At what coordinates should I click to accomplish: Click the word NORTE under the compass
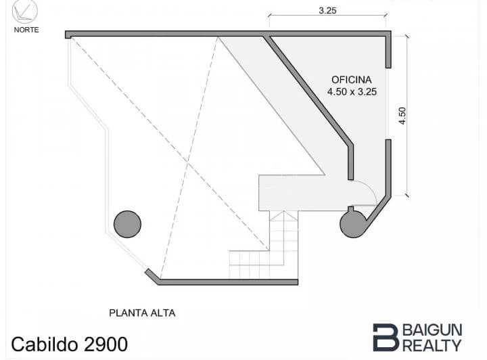(x=26, y=30)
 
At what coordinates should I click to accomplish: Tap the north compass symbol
(x=25, y=12)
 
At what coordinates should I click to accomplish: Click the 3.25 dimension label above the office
(x=327, y=11)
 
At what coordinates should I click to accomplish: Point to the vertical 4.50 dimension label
(x=402, y=116)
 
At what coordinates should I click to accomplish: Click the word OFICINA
(x=352, y=80)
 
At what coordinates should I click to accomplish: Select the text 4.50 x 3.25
(x=352, y=91)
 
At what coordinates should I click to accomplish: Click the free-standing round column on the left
(x=127, y=224)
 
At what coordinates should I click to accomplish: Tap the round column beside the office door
(x=353, y=224)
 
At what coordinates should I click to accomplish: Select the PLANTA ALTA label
(x=142, y=313)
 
